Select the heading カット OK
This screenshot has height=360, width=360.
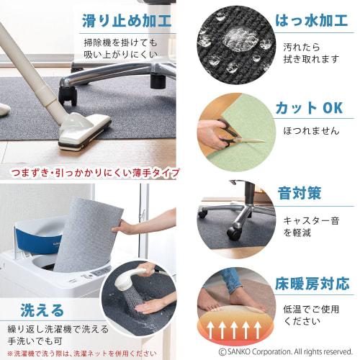307,108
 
